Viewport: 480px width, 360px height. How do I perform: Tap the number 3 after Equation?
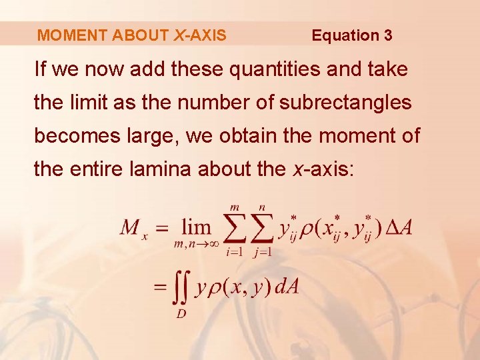click(388, 35)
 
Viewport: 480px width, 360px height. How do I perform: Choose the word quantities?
click(265, 69)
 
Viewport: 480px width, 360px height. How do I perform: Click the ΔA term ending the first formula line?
click(399, 228)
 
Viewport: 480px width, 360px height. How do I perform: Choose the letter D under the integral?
click(181, 313)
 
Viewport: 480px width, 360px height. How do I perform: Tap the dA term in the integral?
click(287, 288)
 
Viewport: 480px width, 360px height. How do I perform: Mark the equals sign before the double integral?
click(160, 288)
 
